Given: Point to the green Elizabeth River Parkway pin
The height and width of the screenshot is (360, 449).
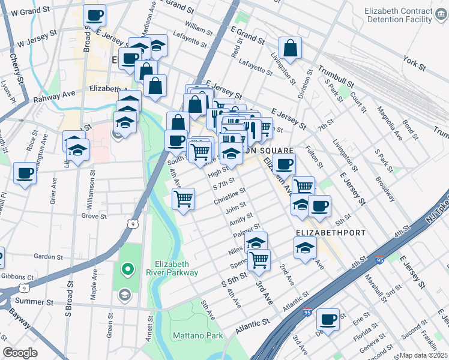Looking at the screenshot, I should [x=127, y=270].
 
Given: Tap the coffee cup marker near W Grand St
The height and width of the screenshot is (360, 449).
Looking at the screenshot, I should [x=94, y=16].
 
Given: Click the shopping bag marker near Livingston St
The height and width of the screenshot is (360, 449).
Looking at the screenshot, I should [x=290, y=49].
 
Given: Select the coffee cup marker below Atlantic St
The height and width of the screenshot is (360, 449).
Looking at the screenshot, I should [x=328, y=319].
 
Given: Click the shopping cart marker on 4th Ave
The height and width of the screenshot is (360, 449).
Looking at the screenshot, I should [x=184, y=199].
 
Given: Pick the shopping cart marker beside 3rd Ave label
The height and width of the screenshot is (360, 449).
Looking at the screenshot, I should [x=259, y=260].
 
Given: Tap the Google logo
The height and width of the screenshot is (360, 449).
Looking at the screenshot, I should [x=20, y=353].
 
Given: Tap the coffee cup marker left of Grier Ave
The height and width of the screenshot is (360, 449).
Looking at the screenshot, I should [x=25, y=174].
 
